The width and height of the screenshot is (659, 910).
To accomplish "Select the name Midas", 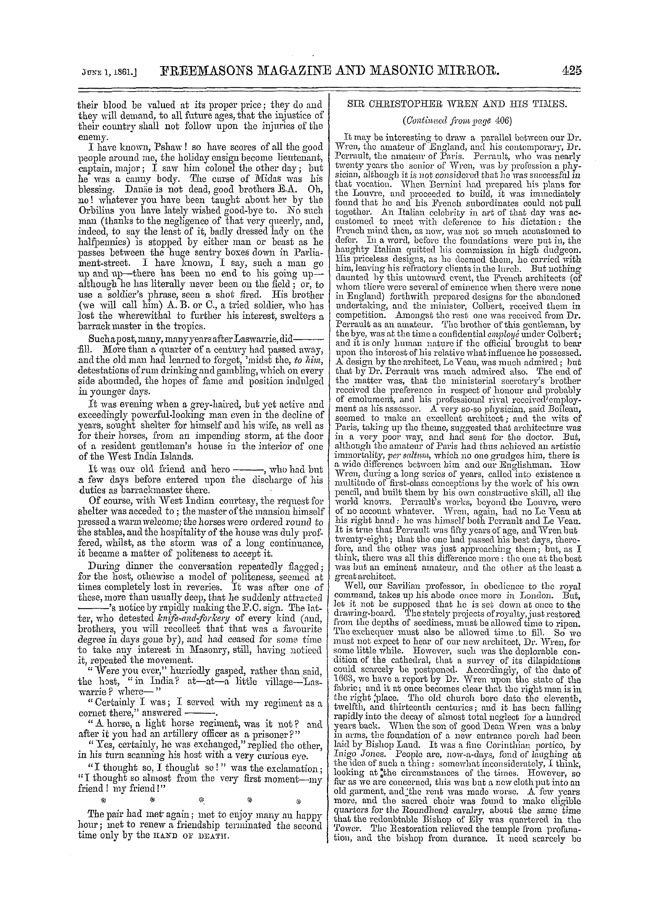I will tap(275, 178).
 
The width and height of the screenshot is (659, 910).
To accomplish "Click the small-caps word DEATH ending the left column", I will tap(204, 826).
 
